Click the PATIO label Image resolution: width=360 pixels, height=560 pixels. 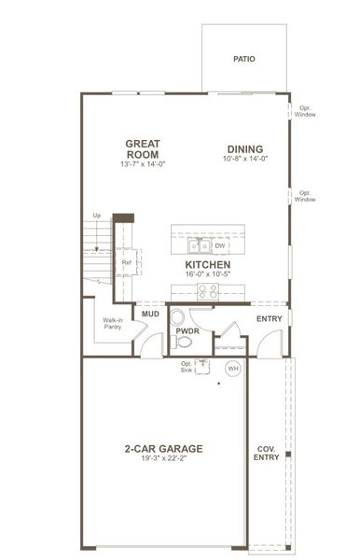[x=244, y=59]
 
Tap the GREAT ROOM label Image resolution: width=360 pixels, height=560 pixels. [x=143, y=148]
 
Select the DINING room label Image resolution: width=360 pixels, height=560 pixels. [x=243, y=148]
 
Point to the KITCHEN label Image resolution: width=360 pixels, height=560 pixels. [x=207, y=265]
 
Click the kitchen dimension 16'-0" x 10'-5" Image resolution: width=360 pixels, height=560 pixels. [x=207, y=275]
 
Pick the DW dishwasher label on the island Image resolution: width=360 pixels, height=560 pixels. [x=219, y=245]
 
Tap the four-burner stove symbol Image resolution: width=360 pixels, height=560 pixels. [x=207, y=290]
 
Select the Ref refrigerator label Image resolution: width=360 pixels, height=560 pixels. [x=127, y=262]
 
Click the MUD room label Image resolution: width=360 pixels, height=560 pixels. [x=149, y=315]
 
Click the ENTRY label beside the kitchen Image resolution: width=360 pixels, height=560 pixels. [x=269, y=319]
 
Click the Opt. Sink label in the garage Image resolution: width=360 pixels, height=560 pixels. [x=187, y=367]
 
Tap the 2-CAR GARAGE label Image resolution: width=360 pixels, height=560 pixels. [x=163, y=448]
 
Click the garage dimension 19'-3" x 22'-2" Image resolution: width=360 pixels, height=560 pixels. [x=163, y=458]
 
